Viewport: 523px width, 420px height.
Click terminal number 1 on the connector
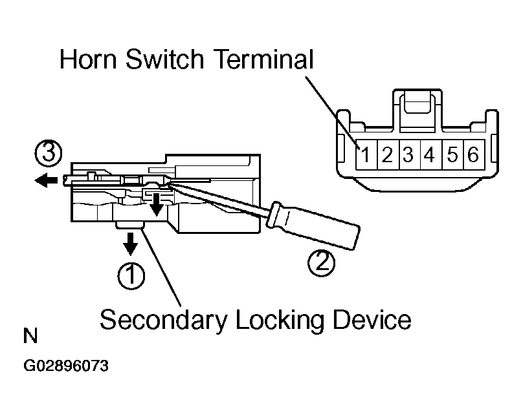pos(366,155)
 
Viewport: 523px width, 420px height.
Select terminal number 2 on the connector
pos(387,155)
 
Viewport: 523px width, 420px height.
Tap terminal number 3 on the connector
pos(408,155)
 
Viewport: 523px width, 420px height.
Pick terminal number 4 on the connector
pos(429,155)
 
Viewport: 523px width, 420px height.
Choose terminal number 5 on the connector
pos(452,155)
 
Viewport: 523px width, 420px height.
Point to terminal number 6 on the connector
pos(473,155)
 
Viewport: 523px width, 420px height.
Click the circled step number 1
pos(131,276)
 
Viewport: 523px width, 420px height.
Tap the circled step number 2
pos(321,263)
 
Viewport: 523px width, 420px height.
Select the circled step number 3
pos(49,154)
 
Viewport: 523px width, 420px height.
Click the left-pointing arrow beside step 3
pos(47,181)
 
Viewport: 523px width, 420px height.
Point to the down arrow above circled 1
pos(130,244)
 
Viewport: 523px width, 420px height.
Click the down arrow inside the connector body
pos(156,204)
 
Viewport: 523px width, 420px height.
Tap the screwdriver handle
pos(313,226)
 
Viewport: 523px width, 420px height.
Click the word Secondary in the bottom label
pos(164,320)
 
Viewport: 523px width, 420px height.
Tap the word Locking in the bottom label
pos(280,320)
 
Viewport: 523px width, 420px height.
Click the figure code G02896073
pos(66,366)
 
